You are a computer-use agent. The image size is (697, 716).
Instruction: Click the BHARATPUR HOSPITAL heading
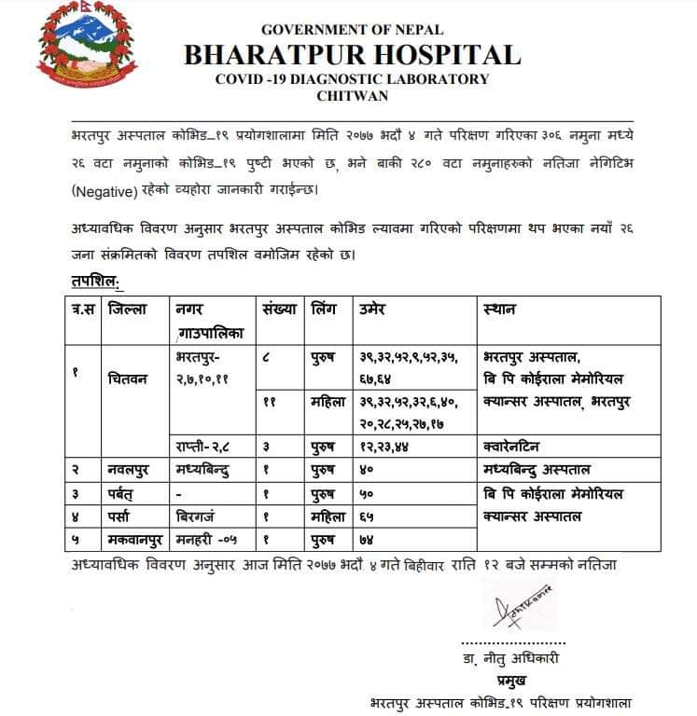click(352, 55)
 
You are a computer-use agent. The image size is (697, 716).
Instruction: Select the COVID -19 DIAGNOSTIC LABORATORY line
click(352, 79)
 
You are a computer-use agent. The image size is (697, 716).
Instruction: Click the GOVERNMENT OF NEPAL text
click(352, 30)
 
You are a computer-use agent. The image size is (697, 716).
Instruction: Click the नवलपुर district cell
click(132, 469)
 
